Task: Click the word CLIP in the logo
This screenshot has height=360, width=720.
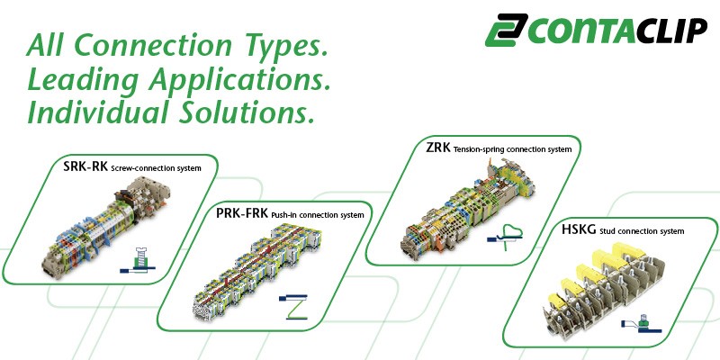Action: pos(672,31)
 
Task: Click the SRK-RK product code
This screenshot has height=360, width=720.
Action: pos(85,166)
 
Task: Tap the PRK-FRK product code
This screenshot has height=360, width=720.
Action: pos(242,213)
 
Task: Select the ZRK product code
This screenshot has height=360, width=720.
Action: pos(438,148)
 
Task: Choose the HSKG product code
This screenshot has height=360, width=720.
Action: pos(579,229)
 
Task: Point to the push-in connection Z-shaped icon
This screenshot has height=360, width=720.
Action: pos(293,306)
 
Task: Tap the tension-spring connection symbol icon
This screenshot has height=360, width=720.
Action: pos(505,237)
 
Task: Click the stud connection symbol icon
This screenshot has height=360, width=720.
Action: pos(641,324)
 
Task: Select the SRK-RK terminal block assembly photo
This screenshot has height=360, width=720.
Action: pos(105,228)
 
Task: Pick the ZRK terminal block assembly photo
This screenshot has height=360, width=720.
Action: pos(467,208)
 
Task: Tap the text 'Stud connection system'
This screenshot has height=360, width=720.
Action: pos(642,231)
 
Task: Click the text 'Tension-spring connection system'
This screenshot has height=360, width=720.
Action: pos(512,149)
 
